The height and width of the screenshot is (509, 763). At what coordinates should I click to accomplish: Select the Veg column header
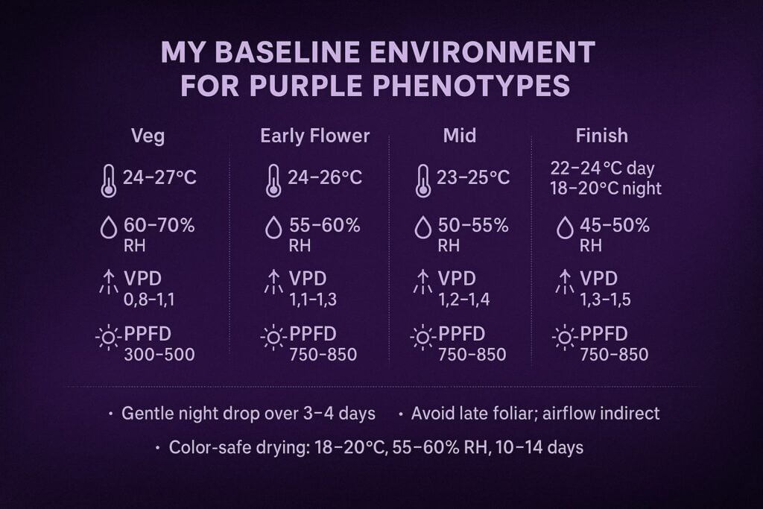point(148,136)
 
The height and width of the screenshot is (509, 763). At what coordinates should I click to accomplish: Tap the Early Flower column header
point(314,136)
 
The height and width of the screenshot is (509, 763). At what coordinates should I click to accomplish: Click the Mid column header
point(460,136)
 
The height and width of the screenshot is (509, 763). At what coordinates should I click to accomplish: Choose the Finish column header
point(601,136)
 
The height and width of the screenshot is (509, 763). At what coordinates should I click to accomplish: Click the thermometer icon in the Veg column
point(109,181)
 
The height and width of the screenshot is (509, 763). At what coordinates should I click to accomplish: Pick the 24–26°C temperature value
point(325,177)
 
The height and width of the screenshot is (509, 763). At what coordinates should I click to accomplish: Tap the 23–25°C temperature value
point(473,177)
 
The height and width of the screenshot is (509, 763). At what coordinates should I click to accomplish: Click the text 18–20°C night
point(605,188)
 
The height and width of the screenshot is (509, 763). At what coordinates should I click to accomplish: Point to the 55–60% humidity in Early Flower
point(324,225)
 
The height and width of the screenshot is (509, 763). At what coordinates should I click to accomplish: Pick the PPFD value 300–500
point(159,354)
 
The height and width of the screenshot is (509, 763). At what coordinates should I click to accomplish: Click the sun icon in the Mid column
point(422,338)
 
